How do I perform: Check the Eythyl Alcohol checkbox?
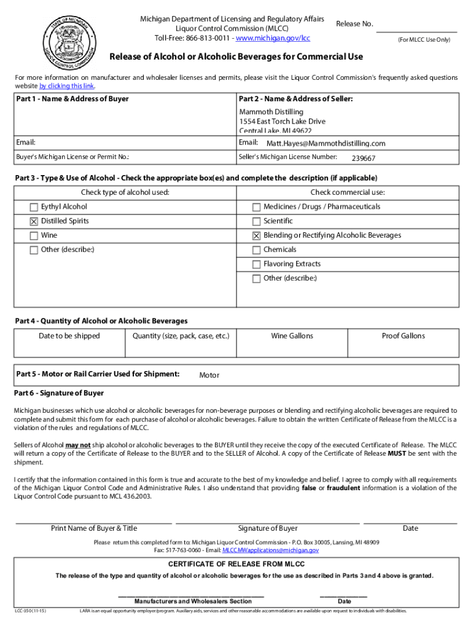pyautogui.click(x=34, y=207)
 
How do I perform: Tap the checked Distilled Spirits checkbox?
pyautogui.click(x=34, y=221)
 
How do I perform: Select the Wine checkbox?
pyautogui.click(x=34, y=236)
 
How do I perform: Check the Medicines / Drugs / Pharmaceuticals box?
pyautogui.click(x=256, y=207)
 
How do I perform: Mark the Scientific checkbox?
pyautogui.click(x=256, y=221)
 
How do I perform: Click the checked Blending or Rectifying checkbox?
pyautogui.click(x=256, y=236)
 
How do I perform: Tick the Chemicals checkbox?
pyautogui.click(x=256, y=250)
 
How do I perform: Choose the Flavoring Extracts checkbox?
pyautogui.click(x=256, y=264)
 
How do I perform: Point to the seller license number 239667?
pyautogui.click(x=363, y=158)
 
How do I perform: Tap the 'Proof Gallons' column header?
pyautogui.click(x=403, y=336)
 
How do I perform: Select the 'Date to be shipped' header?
pyautogui.click(x=69, y=336)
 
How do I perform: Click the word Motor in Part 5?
pyautogui.click(x=209, y=375)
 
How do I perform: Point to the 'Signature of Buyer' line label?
pyautogui.click(x=267, y=528)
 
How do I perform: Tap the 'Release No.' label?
pyautogui.click(x=354, y=24)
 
